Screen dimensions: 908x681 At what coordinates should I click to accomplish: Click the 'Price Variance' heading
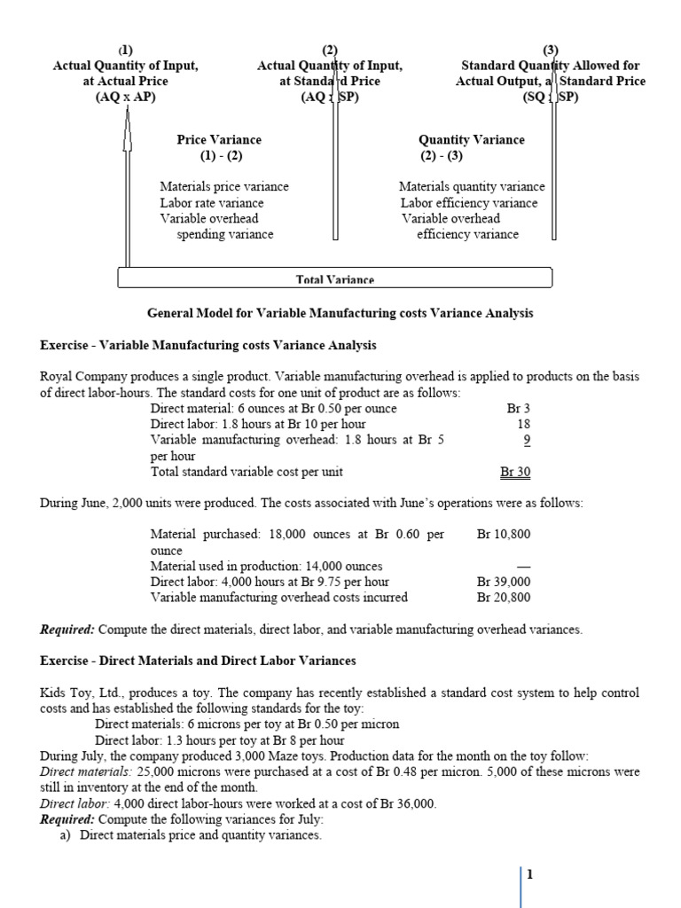219,139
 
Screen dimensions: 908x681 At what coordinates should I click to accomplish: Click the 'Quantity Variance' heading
471,139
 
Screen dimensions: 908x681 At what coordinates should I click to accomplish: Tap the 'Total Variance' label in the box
335,279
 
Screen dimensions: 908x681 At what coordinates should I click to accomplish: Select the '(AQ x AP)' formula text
125,98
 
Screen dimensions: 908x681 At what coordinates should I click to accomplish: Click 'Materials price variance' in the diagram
223,187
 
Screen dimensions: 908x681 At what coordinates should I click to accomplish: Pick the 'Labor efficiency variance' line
468,203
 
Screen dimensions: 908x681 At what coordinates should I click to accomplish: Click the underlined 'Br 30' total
515,473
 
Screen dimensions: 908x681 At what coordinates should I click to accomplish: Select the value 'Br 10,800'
504,535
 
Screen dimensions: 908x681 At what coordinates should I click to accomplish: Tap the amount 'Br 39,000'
504,582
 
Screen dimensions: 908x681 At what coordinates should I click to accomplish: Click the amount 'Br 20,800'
504,598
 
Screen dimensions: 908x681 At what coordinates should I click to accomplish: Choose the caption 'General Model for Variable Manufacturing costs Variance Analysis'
340,313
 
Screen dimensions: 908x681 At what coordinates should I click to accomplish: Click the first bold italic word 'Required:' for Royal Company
67,630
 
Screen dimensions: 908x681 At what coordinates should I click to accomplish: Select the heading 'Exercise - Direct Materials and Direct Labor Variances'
198,661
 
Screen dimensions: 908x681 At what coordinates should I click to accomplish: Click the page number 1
530,875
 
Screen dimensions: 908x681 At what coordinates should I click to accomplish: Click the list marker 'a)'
65,835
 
